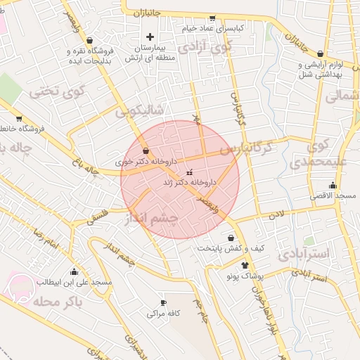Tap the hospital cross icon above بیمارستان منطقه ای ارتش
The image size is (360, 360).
(x=149, y=36)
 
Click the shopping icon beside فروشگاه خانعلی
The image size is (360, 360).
(x=18, y=119)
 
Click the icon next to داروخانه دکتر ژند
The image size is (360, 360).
(x=188, y=172)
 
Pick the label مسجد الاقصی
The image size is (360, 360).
(x=335, y=194)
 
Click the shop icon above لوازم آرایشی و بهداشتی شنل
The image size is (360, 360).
(x=321, y=53)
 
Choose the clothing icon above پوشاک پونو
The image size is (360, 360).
(x=245, y=265)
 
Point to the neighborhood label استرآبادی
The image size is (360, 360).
(x=304, y=253)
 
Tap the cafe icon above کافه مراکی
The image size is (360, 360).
(x=164, y=303)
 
